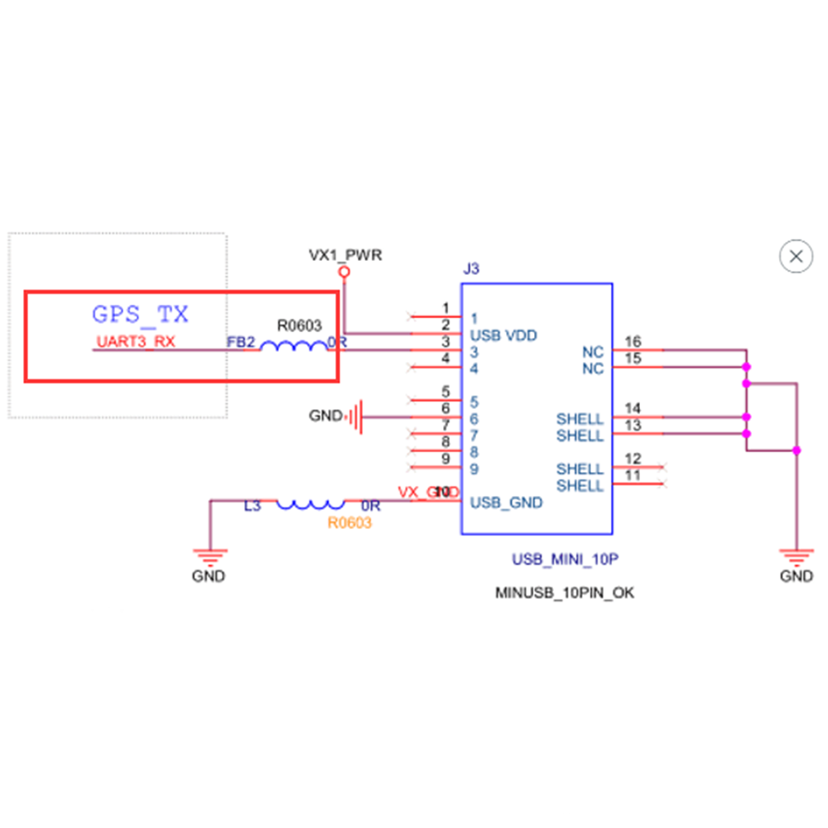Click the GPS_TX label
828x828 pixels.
[140, 315]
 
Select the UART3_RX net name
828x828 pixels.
[136, 341]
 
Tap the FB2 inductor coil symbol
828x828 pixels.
[293, 346]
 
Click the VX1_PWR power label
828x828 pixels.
[345, 255]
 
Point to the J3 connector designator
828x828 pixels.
[470, 269]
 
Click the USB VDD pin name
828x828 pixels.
[503, 335]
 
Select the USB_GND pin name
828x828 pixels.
[507, 503]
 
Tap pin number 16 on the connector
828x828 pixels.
[633, 341]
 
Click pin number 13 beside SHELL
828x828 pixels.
[633, 426]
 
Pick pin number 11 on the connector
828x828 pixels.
[633, 475]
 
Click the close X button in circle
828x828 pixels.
[797, 257]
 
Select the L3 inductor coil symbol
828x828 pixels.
[310, 503]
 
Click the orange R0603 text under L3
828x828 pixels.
[349, 523]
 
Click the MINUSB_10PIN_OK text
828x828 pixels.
[565, 593]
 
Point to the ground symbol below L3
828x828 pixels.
[211, 556]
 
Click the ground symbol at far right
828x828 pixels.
[797, 556]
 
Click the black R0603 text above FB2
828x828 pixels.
[299, 326]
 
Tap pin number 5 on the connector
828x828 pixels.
[445, 392]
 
